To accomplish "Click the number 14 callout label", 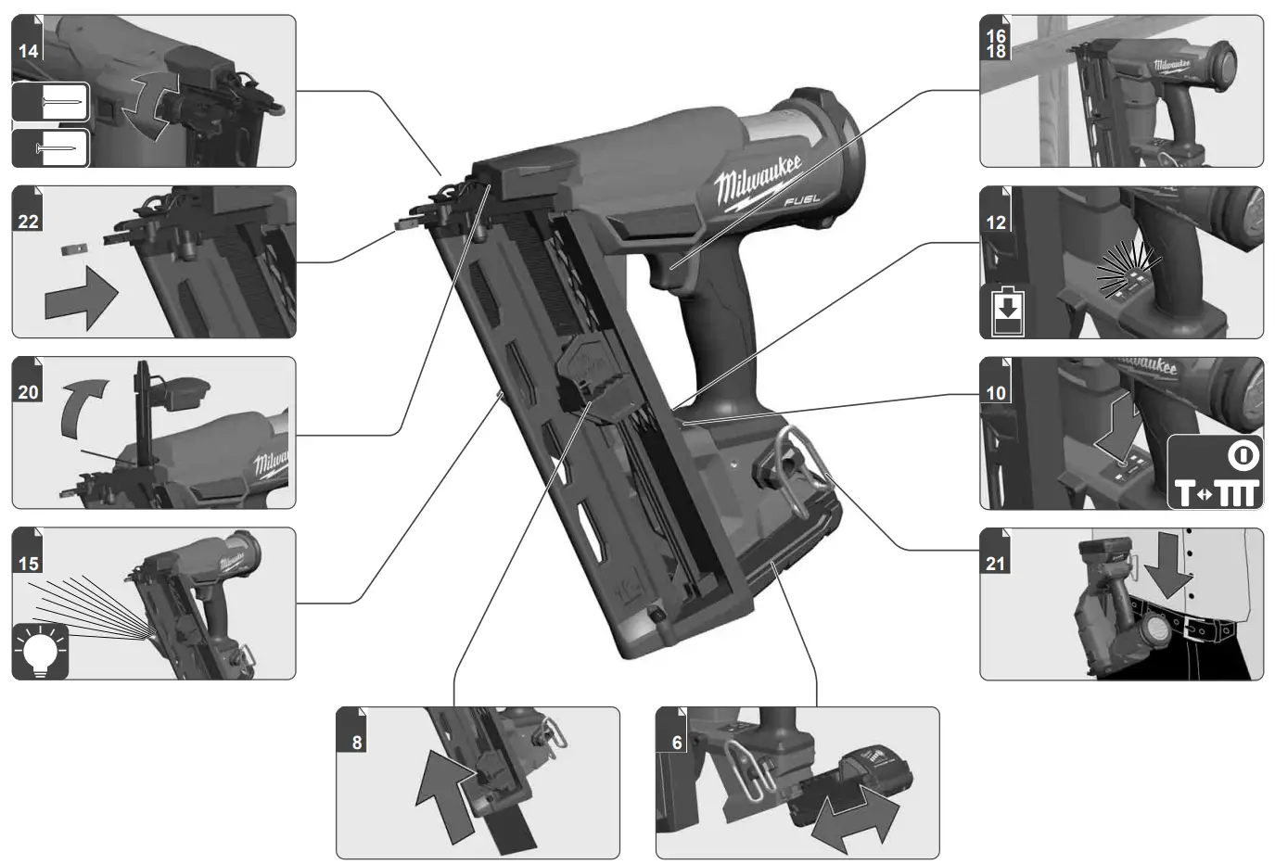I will point(29,51).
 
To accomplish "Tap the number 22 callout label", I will point(29,221).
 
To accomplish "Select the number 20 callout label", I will point(29,392).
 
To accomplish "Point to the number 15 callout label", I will point(29,563).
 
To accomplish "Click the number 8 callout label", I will point(357,743).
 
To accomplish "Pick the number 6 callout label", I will point(677,743).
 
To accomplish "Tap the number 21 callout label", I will point(996,563).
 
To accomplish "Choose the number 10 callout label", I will point(996,392).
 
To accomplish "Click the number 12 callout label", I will point(996,222).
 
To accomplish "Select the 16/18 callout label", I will point(996,44).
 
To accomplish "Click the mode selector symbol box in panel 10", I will point(1215,472).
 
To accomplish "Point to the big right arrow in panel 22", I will point(82,297).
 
